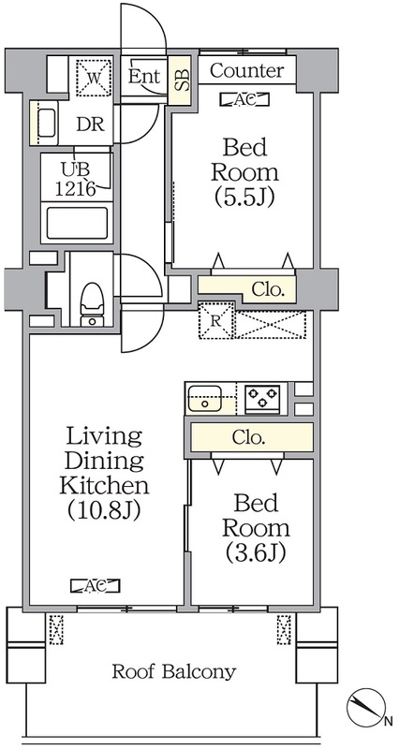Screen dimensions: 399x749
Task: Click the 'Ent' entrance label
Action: point(144,76)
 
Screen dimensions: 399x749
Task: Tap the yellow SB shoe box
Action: point(181,79)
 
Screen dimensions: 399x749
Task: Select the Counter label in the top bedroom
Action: point(246,71)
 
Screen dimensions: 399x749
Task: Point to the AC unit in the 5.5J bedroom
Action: point(244,99)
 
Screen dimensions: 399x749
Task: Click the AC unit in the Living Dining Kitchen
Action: point(95,586)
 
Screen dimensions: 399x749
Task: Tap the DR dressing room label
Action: point(91,124)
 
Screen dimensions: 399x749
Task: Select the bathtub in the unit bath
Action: point(77,223)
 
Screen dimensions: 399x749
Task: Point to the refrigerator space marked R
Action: point(215,320)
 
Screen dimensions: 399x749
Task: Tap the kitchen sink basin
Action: point(205,399)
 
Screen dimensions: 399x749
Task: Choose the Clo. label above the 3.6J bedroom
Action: point(248,437)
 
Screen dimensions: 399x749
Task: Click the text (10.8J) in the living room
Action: point(103,509)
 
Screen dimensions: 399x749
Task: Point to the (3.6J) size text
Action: point(256,552)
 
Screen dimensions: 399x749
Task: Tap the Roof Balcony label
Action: point(174,671)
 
